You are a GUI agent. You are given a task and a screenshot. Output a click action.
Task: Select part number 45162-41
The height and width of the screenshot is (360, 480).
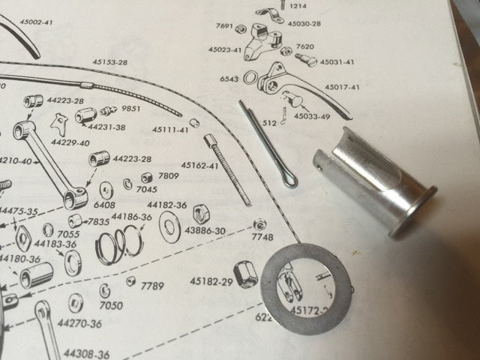tap(199, 165)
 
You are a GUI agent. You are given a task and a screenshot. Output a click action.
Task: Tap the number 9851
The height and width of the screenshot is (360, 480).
tap(131, 109)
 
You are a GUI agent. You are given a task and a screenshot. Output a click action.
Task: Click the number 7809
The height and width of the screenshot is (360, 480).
tap(169, 176)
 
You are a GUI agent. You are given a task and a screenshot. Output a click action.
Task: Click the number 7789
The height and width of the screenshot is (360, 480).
tap(152, 286)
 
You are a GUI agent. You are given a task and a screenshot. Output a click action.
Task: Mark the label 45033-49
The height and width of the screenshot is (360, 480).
tap(311, 116)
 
